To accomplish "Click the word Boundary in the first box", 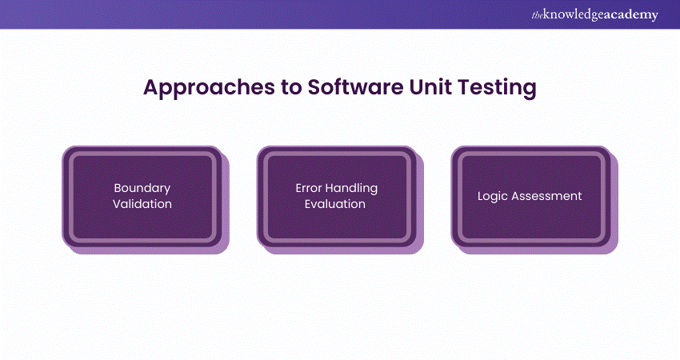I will pos(142,188).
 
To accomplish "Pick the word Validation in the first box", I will pos(142,204).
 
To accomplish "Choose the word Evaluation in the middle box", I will pos(337,204).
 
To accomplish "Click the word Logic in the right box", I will pos(494,196).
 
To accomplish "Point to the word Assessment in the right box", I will pos(547,196).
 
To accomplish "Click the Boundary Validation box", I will pos(142,196).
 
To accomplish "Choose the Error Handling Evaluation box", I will pos(337,196).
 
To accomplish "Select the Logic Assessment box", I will pos(530,196).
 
